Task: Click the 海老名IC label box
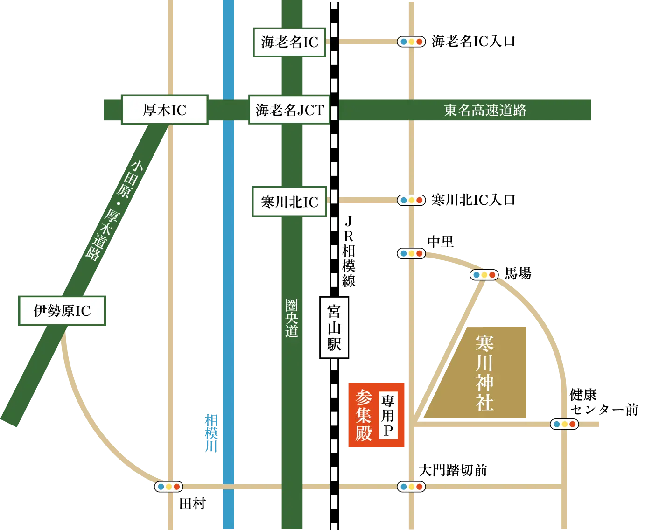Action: click(289, 42)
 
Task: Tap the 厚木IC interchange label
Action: click(164, 110)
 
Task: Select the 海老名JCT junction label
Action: click(289, 110)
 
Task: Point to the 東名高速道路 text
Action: click(485, 110)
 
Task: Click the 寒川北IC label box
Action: click(289, 202)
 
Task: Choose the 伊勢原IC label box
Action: click(62, 311)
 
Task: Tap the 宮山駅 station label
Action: click(334, 328)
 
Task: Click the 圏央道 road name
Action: click(292, 318)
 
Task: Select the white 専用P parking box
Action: click(388, 416)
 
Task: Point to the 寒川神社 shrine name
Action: click(485, 373)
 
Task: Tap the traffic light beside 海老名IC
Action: click(411, 42)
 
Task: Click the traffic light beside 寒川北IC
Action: click(411, 200)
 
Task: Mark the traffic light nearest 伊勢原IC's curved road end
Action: click(168, 487)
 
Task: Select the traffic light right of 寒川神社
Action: click(564, 424)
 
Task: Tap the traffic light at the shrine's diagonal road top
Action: click(484, 275)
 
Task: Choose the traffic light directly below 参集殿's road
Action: click(411, 487)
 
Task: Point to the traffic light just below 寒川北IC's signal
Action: click(411, 254)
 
